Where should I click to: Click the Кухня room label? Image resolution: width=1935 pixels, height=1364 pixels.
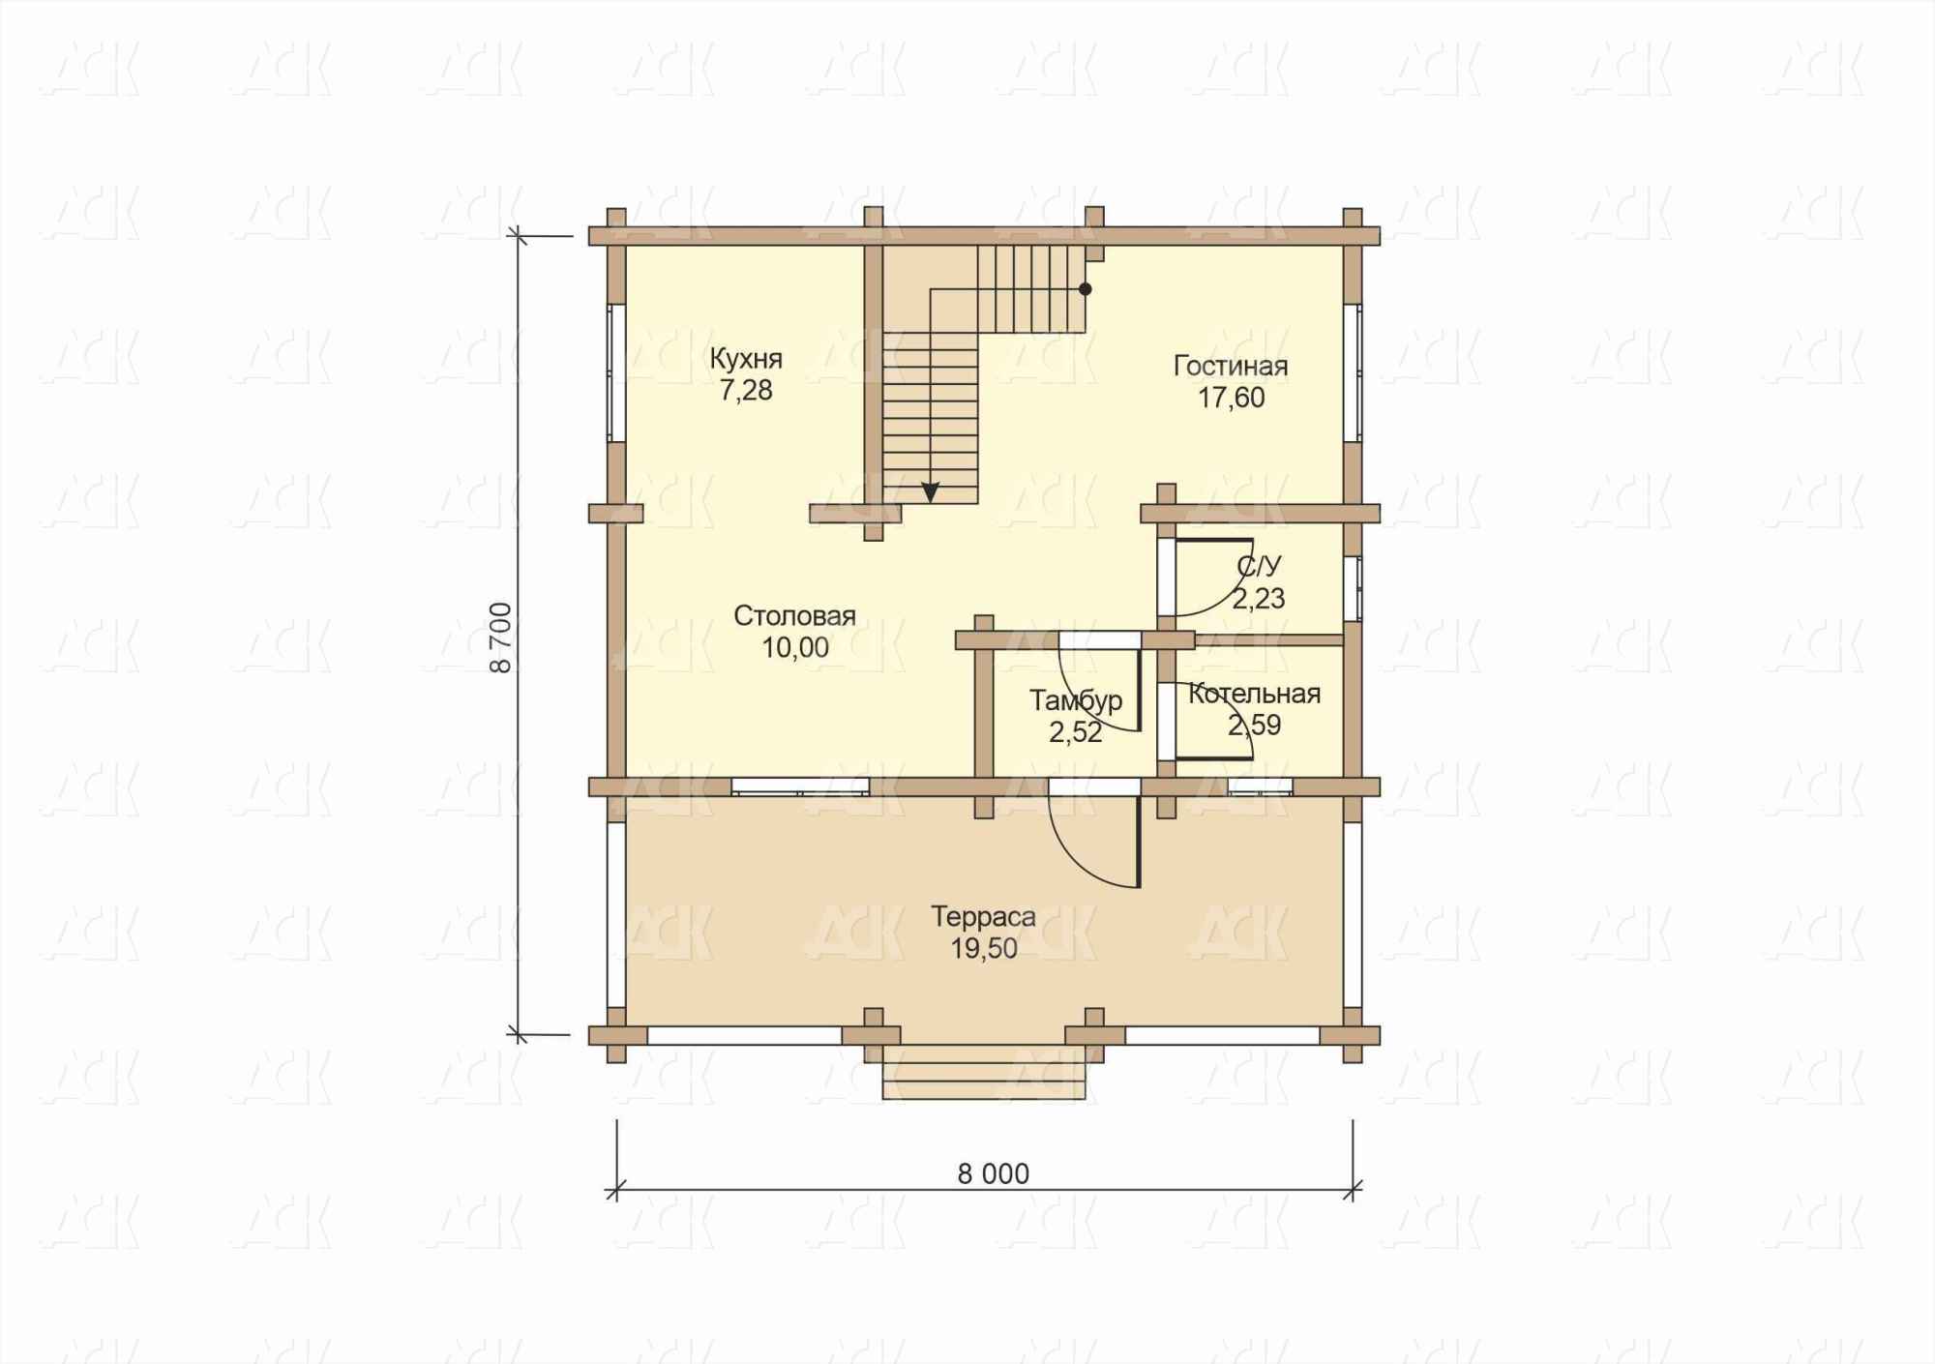(746, 359)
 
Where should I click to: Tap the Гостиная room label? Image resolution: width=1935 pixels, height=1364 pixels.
(1231, 367)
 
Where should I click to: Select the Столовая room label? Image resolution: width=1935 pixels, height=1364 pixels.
(794, 616)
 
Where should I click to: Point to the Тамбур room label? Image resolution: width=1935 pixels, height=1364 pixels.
(1076, 700)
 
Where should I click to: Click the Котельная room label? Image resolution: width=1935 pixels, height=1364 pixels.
(1254, 694)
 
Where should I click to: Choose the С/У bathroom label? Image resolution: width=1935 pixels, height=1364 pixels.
(1259, 567)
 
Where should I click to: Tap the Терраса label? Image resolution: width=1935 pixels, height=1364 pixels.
(983, 917)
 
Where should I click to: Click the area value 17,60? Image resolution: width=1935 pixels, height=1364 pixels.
(1232, 399)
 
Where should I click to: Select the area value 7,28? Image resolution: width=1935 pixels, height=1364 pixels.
(746, 391)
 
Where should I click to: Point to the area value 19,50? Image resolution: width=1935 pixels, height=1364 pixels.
(984, 949)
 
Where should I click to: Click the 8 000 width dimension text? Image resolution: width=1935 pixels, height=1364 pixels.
(993, 1174)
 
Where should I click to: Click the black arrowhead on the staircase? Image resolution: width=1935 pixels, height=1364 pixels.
(931, 492)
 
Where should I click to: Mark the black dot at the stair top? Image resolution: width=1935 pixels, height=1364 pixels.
(1086, 289)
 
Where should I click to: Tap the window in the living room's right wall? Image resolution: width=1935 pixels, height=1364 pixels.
(1353, 372)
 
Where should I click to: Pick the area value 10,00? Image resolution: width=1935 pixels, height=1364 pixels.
(795, 648)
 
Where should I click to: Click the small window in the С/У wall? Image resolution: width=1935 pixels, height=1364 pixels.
(1354, 587)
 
